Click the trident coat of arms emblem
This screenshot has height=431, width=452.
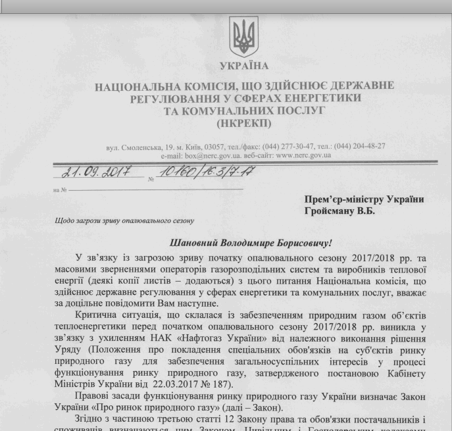[x=241, y=37]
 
